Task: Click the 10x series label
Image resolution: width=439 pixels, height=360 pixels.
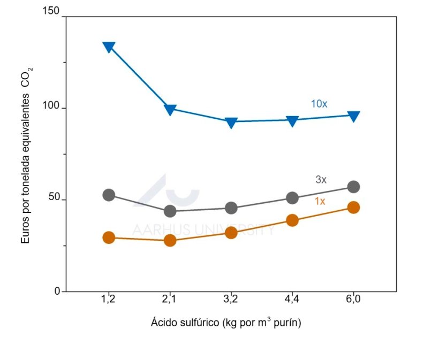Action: click(319, 104)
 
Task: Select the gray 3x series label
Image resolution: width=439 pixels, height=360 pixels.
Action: click(321, 180)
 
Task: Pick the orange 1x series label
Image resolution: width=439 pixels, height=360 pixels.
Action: click(320, 201)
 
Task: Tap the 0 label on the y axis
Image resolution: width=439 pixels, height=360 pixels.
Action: click(57, 292)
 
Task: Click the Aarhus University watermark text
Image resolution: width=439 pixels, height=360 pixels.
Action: click(203, 230)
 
